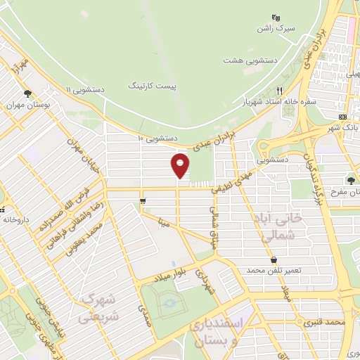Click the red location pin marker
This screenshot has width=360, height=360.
(181, 165)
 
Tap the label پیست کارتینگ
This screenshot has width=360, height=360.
(153, 84)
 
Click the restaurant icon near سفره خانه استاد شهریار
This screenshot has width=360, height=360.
(279, 91)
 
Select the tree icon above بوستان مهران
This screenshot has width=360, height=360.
(27, 93)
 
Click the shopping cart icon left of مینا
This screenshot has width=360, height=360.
(143, 202)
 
